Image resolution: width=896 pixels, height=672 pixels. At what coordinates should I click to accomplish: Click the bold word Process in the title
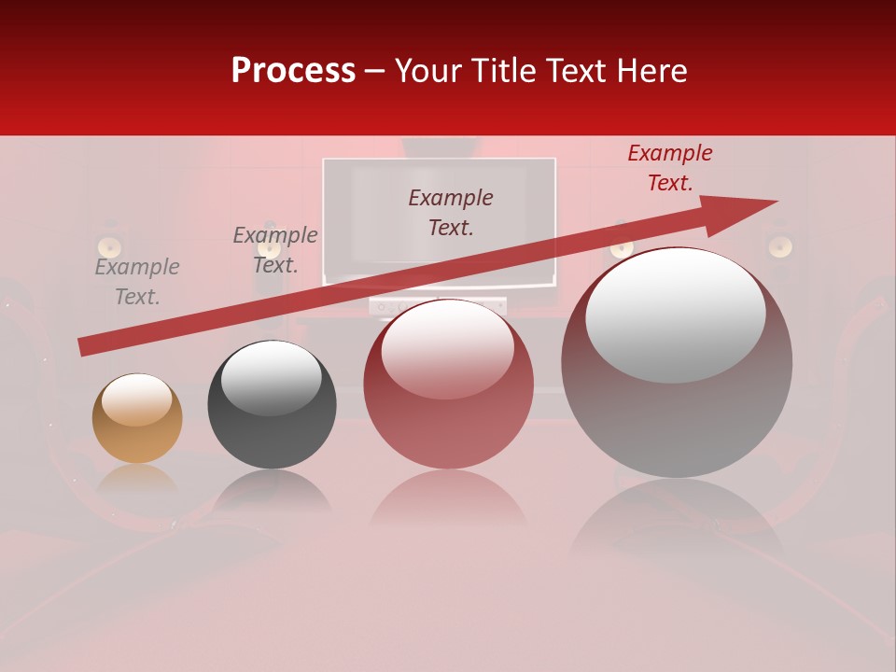pyautogui.click(x=293, y=71)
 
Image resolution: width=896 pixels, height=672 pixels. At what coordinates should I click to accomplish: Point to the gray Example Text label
pyautogui.click(x=137, y=282)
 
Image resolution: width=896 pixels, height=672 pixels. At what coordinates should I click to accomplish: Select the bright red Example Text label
pyautogui.click(x=670, y=168)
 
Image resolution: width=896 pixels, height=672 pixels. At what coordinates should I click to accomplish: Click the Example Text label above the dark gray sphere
pyautogui.click(x=275, y=250)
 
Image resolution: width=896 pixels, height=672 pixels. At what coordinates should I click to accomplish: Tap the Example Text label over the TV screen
pyautogui.click(x=451, y=213)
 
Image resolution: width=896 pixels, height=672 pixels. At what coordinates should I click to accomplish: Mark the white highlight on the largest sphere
pyautogui.click(x=675, y=315)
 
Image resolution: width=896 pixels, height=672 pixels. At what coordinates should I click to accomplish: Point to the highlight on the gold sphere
pyautogui.click(x=136, y=399)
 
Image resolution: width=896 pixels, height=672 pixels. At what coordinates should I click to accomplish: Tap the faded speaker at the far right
pyautogui.click(x=780, y=247)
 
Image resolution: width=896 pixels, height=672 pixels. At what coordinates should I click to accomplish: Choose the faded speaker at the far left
pyautogui.click(x=110, y=247)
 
